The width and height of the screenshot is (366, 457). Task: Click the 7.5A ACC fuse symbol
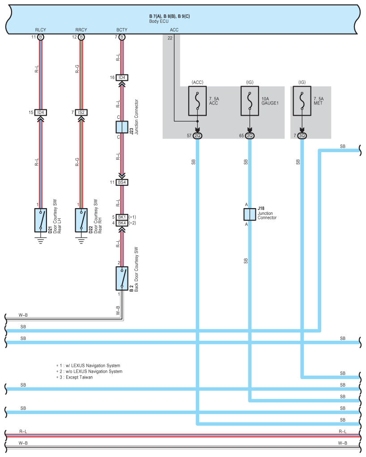point(197,101)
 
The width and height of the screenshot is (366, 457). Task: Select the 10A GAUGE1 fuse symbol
point(250,101)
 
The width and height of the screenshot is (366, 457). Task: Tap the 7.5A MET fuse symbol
point(302,101)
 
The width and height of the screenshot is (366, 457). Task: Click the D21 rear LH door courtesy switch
point(41,220)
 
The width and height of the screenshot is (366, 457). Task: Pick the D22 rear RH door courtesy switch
point(81,220)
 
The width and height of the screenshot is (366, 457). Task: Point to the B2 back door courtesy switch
point(122,279)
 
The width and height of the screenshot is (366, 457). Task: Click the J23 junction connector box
point(122,127)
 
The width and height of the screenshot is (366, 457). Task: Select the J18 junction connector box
point(250,214)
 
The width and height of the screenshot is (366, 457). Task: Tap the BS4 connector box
point(122,183)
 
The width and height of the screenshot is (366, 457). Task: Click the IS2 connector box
point(81,113)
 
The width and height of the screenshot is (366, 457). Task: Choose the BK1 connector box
point(122,217)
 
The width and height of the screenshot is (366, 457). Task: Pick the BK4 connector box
point(122,223)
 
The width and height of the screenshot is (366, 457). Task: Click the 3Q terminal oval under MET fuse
point(302,136)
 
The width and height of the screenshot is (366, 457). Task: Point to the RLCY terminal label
point(40,30)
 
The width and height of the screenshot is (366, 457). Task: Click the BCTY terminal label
point(122,30)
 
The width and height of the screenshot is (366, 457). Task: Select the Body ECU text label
point(159,21)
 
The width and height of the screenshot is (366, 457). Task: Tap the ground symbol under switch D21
point(41,240)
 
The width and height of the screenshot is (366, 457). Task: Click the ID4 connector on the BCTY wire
point(122,78)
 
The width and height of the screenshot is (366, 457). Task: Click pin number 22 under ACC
point(170,38)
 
